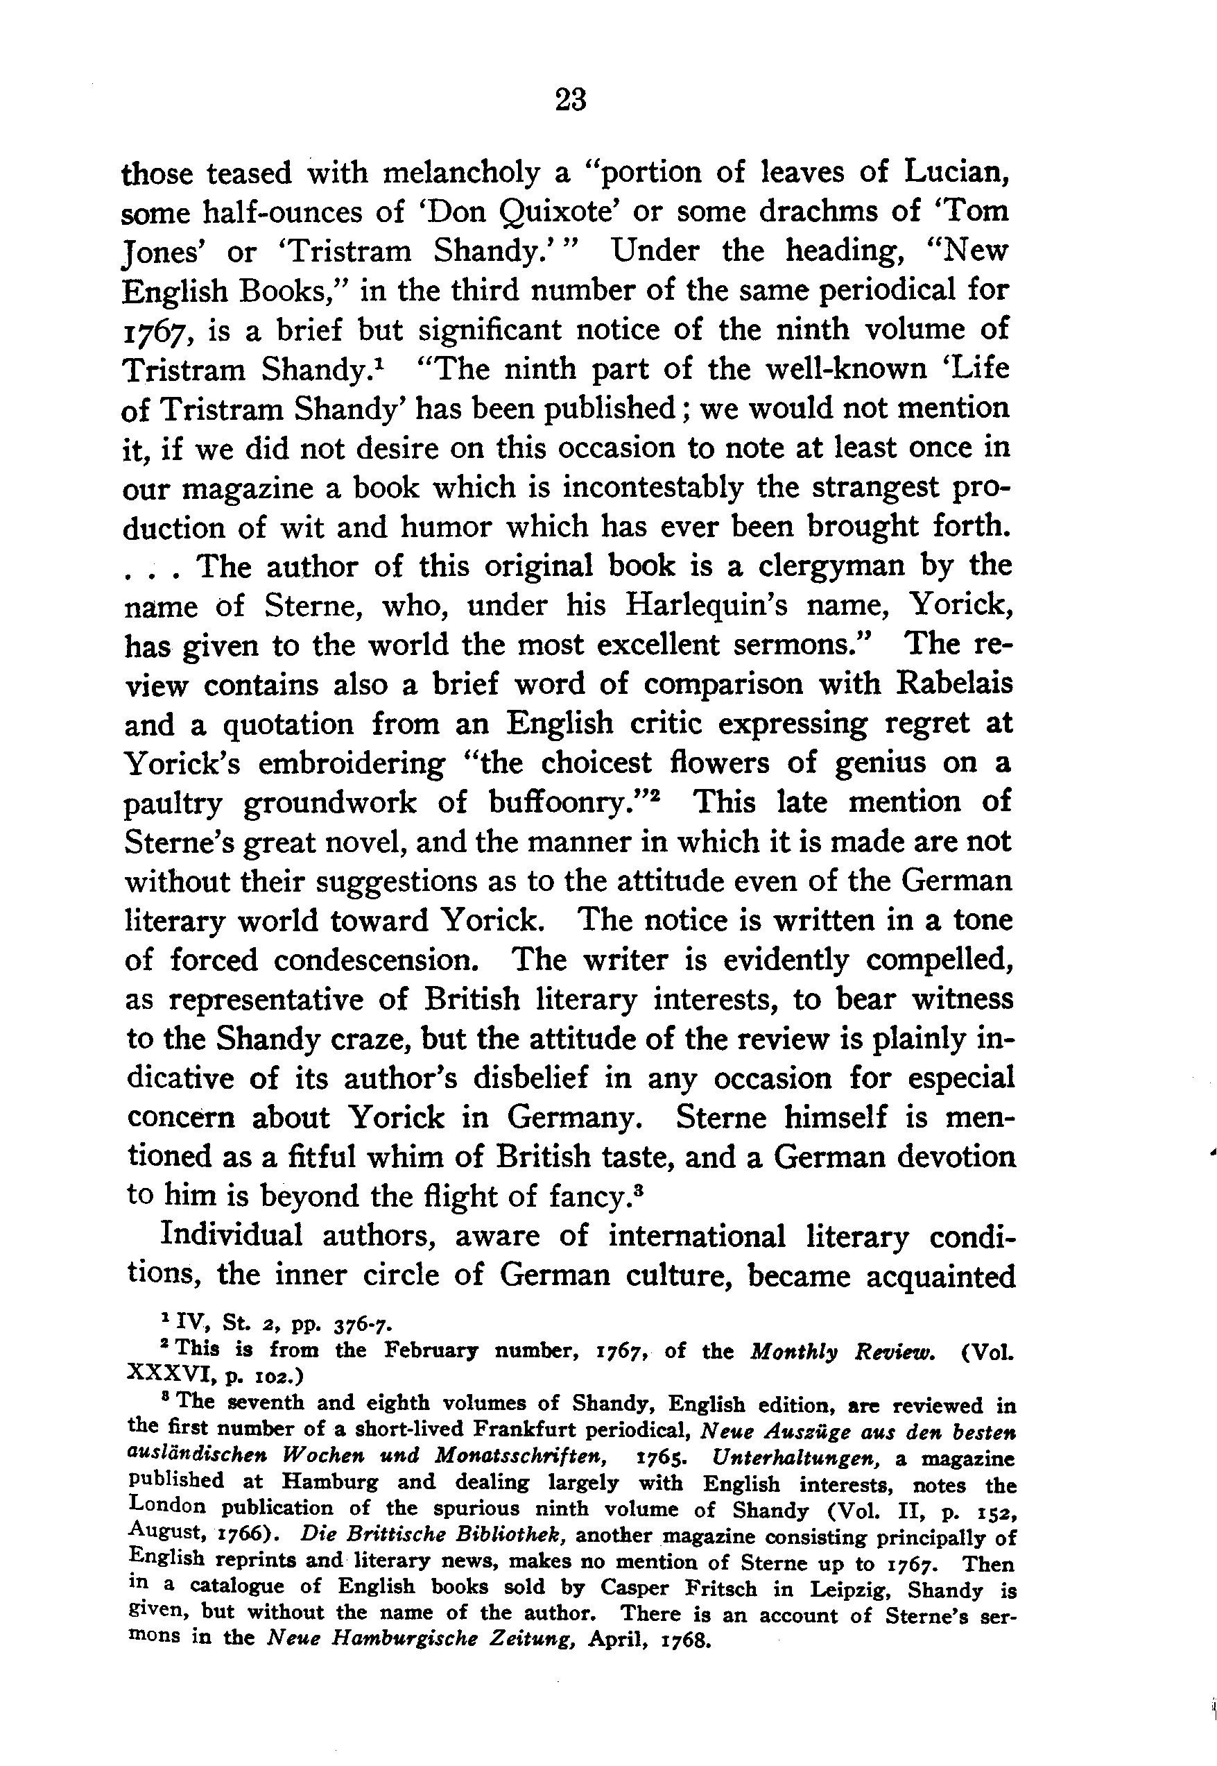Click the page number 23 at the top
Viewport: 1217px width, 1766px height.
571,100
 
